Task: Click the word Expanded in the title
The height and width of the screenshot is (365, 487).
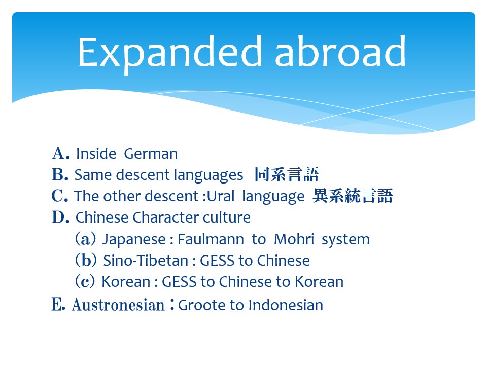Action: click(x=170, y=53)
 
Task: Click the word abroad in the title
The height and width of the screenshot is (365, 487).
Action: click(x=340, y=51)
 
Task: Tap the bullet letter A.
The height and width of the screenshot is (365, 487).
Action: click(x=60, y=153)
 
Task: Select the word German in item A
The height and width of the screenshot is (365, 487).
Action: click(x=151, y=154)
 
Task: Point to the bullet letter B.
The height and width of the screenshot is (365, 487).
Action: click(x=60, y=174)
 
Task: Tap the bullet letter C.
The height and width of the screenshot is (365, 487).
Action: click(x=60, y=196)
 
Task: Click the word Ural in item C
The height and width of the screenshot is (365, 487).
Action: click(x=221, y=196)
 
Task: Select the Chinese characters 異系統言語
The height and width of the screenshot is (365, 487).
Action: click(x=353, y=196)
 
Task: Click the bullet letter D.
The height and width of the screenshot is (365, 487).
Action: click(x=60, y=217)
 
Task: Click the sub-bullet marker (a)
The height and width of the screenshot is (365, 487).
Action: click(x=85, y=239)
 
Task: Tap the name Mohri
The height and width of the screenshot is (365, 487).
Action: click(x=294, y=239)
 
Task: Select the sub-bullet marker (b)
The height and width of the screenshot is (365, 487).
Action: click(x=86, y=260)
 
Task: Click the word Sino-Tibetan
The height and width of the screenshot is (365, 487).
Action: click(x=146, y=261)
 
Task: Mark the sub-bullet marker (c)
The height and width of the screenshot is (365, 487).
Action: click(x=85, y=281)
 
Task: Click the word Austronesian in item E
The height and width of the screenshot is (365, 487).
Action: click(x=118, y=305)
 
